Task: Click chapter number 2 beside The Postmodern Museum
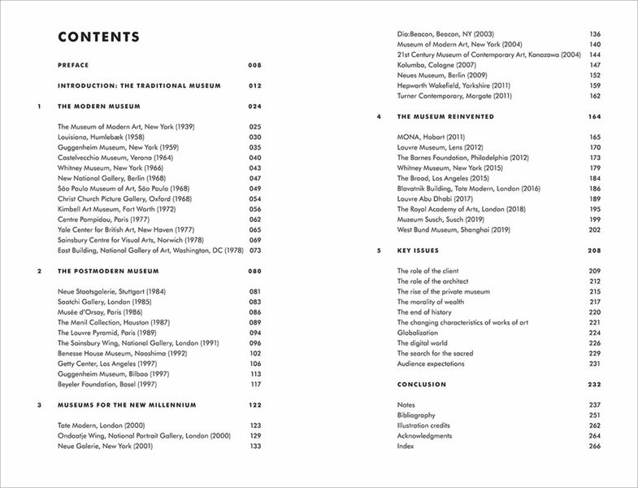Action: point(39,270)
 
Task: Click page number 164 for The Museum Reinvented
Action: point(594,117)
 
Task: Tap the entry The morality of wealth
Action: point(435,302)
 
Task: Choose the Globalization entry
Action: point(419,333)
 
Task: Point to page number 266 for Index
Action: point(594,446)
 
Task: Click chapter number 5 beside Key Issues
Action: point(380,251)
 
